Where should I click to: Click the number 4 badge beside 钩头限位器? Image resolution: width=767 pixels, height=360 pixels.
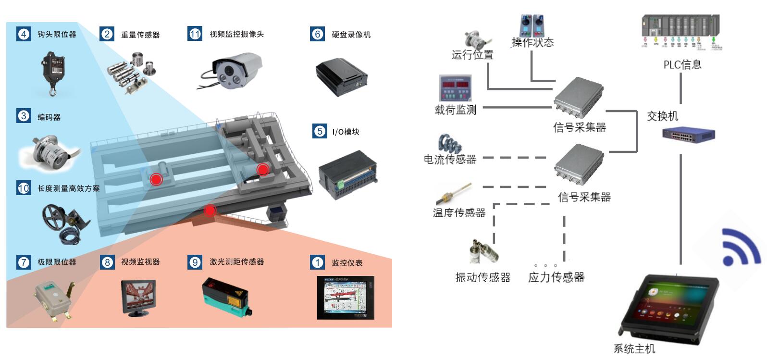23,34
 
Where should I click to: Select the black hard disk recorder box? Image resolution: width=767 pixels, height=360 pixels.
341,77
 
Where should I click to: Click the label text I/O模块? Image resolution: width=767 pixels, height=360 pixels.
346,132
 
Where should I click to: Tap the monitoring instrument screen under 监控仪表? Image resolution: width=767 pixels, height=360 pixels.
345,297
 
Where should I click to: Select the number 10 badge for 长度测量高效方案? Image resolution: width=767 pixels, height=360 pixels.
24,188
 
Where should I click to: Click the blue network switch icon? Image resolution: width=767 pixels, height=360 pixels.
688,134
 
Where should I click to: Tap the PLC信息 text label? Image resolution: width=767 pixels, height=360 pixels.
682,64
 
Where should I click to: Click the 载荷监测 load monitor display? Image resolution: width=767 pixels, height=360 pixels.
455,87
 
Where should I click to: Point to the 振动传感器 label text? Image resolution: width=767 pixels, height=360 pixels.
482,277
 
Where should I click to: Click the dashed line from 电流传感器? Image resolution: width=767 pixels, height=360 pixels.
514,157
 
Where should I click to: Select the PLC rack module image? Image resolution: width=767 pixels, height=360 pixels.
681,31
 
